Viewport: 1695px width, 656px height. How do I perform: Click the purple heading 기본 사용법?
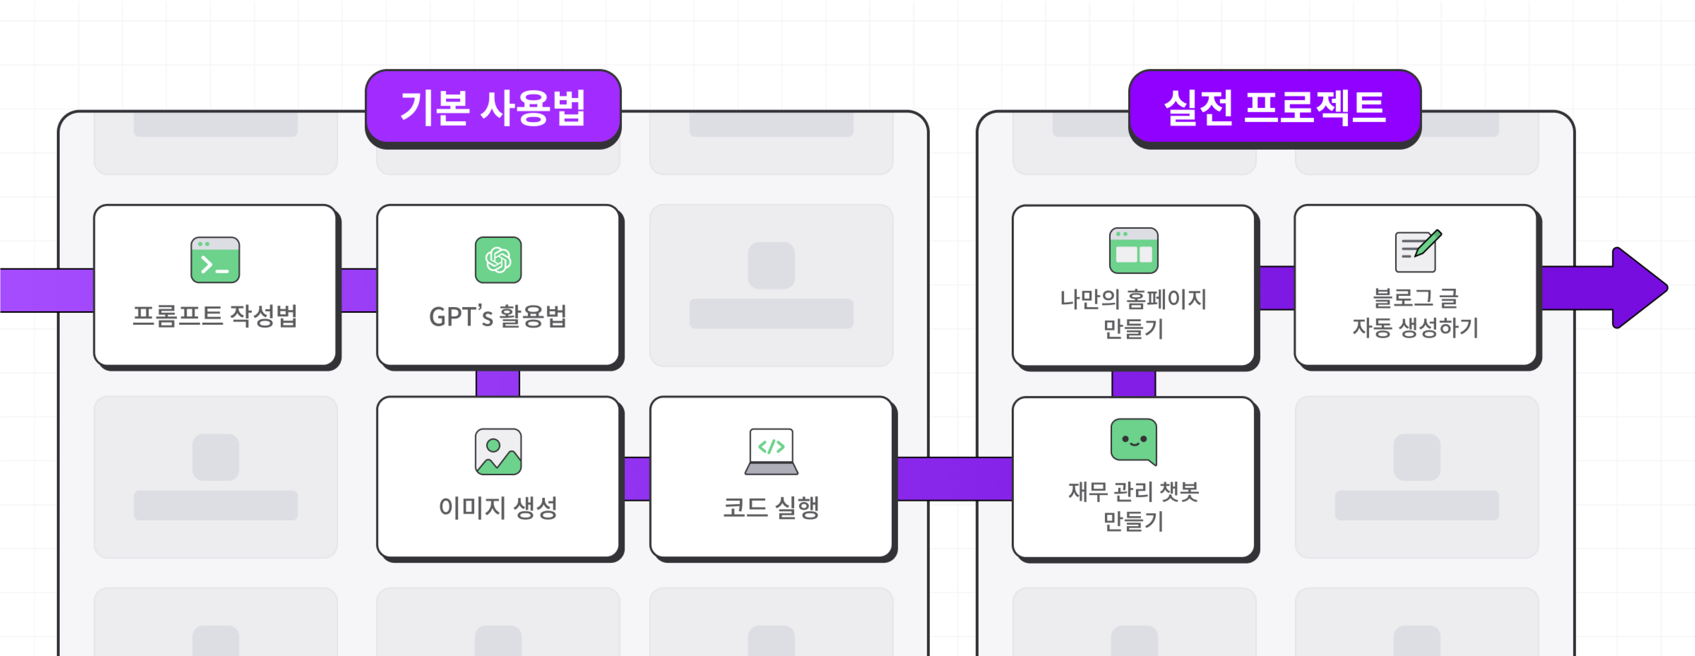(493, 107)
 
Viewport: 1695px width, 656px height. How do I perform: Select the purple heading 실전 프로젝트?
(1275, 107)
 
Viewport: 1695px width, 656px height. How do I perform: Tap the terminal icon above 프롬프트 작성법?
(215, 260)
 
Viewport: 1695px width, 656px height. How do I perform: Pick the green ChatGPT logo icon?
(498, 260)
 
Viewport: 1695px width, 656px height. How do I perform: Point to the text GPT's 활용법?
(498, 316)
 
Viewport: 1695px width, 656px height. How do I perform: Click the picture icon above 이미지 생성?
(498, 451)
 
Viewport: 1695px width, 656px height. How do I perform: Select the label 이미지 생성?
(498, 507)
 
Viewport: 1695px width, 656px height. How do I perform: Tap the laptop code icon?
(771, 451)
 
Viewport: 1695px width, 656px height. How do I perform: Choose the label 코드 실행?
(771, 507)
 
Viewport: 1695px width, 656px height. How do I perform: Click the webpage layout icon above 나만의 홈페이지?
(1133, 251)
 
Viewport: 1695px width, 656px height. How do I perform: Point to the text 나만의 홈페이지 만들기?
(1133, 313)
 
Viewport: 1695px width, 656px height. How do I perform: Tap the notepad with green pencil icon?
(1417, 251)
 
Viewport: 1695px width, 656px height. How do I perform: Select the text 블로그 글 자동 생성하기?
(1415, 313)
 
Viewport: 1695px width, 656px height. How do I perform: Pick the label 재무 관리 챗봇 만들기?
(1133, 505)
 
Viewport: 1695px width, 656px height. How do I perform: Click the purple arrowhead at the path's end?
(1638, 288)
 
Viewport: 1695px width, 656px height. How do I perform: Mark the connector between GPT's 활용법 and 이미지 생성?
(498, 383)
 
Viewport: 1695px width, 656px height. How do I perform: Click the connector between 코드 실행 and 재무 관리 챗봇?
(954, 478)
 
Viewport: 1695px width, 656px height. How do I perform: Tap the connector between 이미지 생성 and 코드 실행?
(636, 478)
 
